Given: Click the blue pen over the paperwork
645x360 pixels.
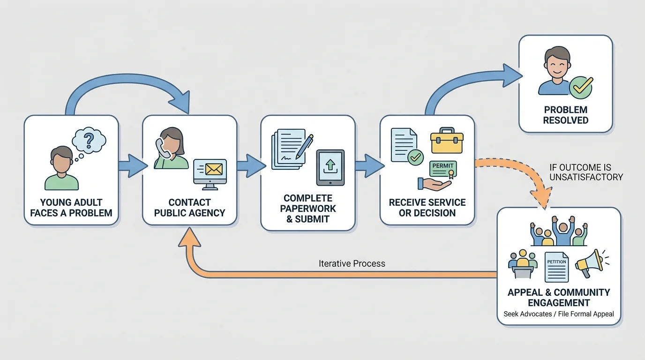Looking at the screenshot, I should (x=305, y=146).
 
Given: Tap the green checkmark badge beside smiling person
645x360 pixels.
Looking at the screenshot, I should (x=581, y=87).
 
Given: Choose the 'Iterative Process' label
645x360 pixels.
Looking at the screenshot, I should (x=352, y=263).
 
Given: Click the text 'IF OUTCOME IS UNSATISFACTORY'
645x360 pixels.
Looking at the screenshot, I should (x=586, y=172).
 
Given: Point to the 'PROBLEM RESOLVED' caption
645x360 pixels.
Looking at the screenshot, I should (x=565, y=115).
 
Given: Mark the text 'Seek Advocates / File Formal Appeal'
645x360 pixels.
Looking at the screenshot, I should (x=559, y=314).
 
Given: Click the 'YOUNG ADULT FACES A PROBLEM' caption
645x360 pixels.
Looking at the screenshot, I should (x=71, y=208).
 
